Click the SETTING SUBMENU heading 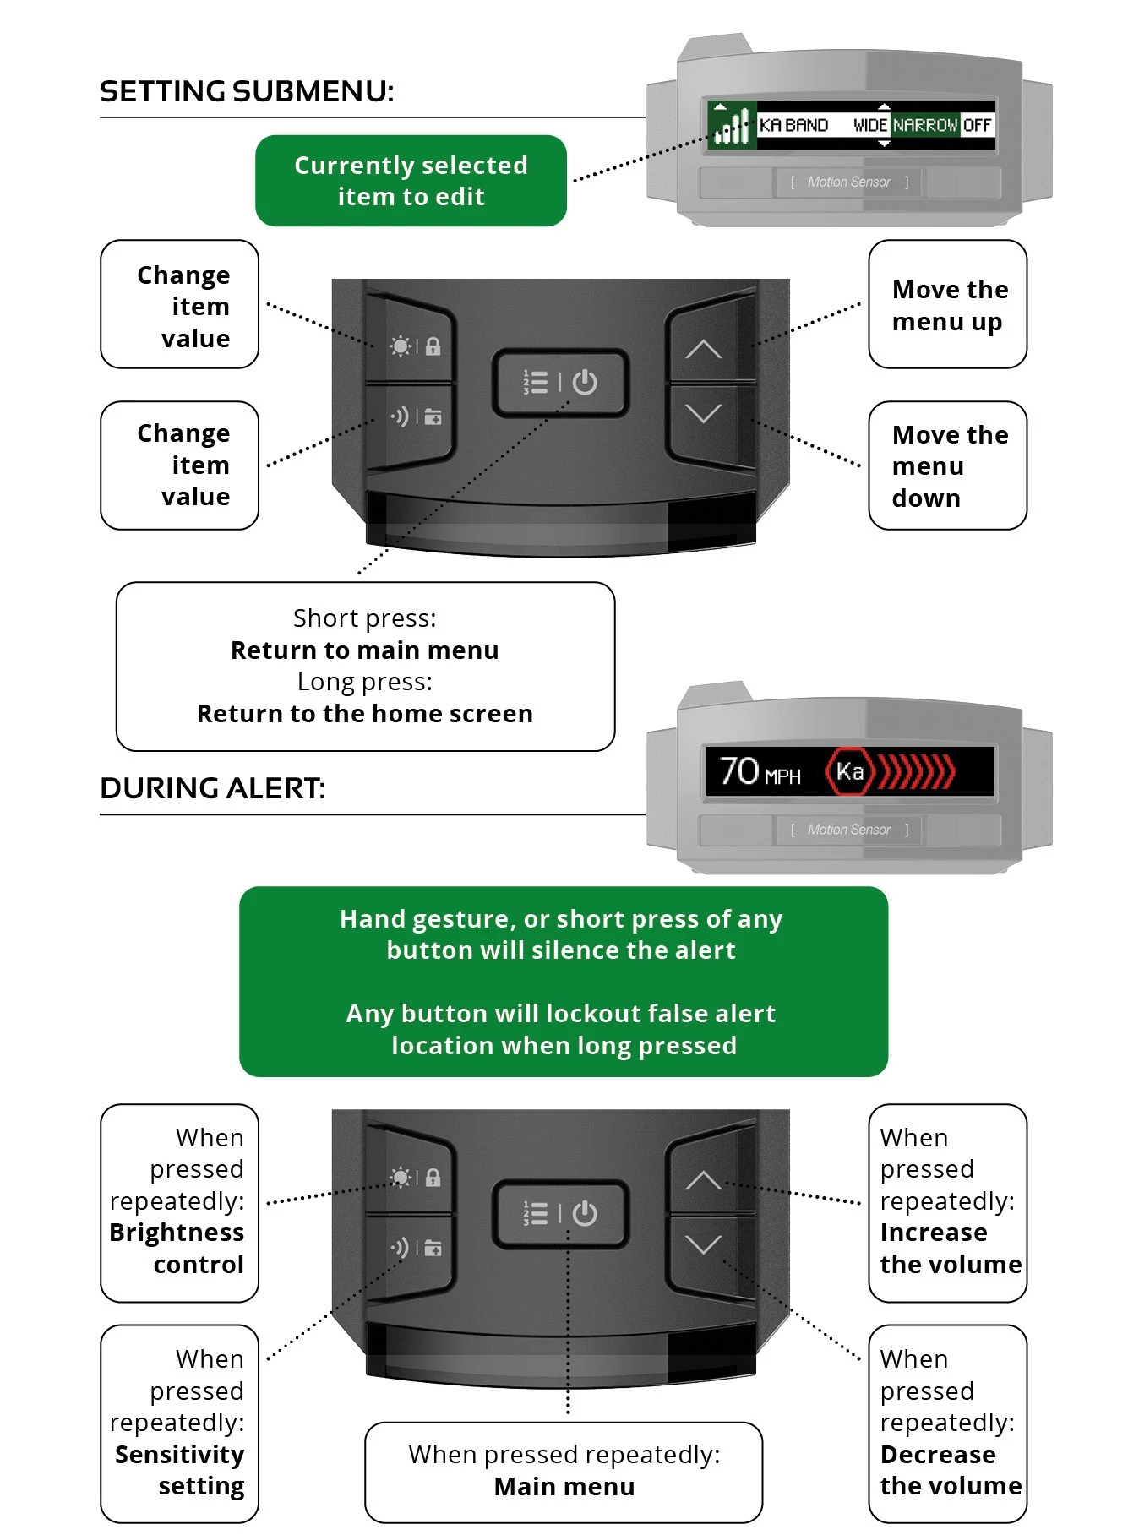point(247,91)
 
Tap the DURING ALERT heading point(212,788)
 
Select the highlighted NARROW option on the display point(926,125)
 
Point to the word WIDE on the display point(869,125)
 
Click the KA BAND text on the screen point(793,125)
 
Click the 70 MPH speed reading point(760,771)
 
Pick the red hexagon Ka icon point(849,771)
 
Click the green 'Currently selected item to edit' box point(411,181)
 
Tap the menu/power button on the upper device point(560,383)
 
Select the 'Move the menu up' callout point(947,304)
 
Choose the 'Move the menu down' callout point(947,465)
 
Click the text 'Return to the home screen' point(365,714)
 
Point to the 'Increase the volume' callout point(947,1203)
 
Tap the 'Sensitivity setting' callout point(179,1423)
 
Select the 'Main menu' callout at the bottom point(564,1472)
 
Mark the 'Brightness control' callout point(179,1203)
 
